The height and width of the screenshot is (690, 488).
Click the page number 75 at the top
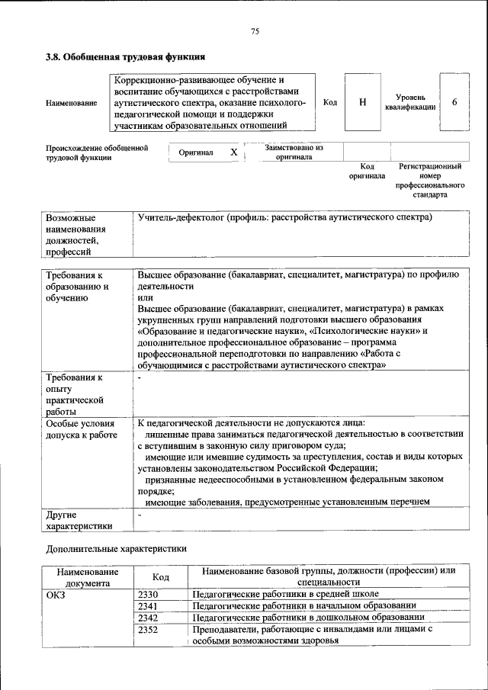click(255, 30)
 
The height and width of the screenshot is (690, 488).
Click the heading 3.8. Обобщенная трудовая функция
click(125, 56)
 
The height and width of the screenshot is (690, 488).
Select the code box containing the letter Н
click(361, 102)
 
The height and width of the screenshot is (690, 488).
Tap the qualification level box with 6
click(454, 102)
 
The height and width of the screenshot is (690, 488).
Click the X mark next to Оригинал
click(234, 152)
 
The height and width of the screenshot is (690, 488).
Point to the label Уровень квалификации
click(410, 102)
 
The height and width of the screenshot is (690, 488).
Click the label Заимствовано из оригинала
click(294, 152)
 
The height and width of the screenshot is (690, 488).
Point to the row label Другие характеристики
click(79, 520)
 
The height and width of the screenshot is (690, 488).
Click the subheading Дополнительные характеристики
click(116, 548)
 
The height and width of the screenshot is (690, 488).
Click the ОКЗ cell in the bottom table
click(57, 595)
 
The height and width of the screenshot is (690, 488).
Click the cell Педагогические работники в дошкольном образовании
click(307, 618)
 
